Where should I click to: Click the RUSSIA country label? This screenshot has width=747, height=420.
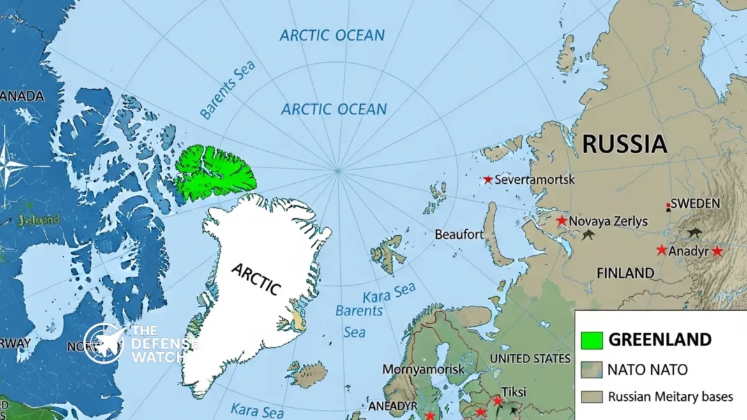tap(624, 144)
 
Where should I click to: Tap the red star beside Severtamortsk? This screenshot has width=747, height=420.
tap(488, 180)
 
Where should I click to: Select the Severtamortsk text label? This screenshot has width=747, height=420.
tap(535, 180)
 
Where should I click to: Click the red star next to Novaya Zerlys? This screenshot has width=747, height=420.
tap(561, 221)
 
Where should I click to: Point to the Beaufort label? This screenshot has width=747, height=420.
tap(459, 235)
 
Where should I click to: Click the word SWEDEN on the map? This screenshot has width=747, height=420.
tap(695, 204)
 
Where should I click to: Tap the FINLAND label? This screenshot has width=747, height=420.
tap(625, 273)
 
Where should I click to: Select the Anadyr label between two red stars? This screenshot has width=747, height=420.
tap(688, 251)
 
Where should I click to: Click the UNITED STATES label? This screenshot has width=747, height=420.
tap(530, 359)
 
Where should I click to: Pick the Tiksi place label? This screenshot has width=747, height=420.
tap(514, 391)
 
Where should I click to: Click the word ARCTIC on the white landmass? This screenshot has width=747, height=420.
tap(256, 279)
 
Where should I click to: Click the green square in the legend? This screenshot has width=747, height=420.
tap(592, 340)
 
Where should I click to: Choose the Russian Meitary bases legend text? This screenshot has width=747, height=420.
tap(670, 396)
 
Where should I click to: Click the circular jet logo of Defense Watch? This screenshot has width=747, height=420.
tap(104, 343)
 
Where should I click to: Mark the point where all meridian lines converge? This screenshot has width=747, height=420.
tap(338, 170)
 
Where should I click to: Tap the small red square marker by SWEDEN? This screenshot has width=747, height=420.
tap(668, 207)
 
